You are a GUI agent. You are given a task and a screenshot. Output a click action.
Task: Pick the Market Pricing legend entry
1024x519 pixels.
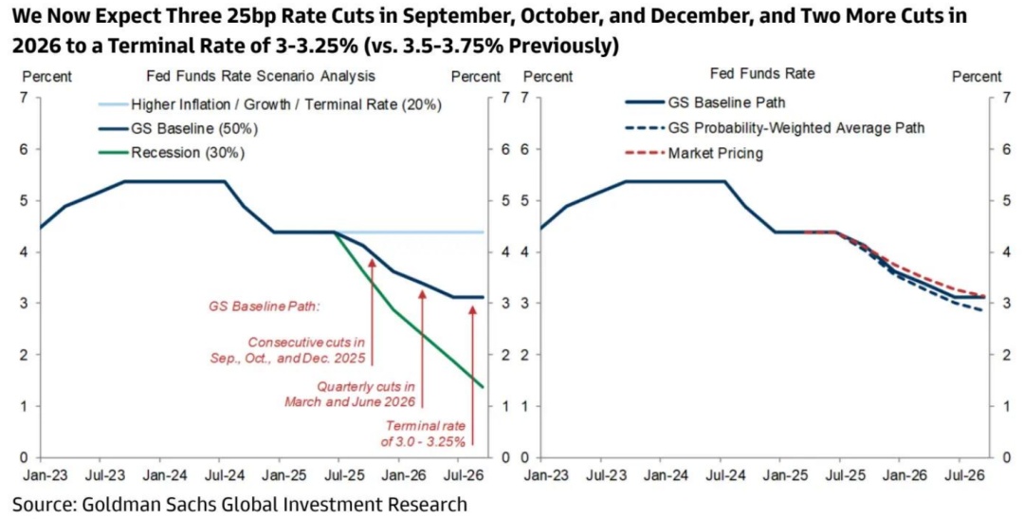click(x=716, y=153)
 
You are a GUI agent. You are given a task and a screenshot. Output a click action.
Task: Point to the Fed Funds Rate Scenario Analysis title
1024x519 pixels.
click(x=261, y=75)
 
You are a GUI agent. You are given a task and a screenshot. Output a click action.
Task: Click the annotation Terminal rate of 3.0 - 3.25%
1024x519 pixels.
click(x=423, y=434)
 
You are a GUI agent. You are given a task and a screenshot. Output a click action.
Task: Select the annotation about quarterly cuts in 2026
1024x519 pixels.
click(x=351, y=394)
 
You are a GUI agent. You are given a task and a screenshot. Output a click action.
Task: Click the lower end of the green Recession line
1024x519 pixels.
click(x=483, y=386)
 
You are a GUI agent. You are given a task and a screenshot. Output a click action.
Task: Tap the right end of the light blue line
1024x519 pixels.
click(x=484, y=232)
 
